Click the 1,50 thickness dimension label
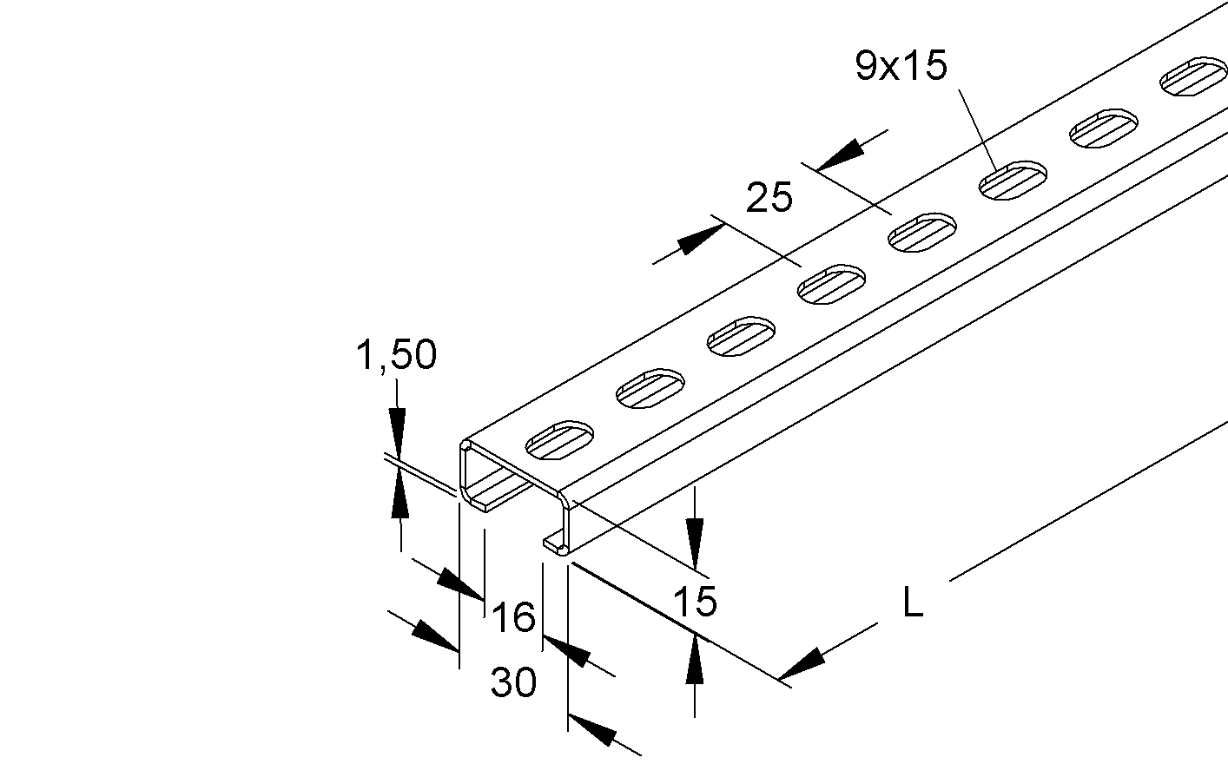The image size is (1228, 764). (x=396, y=354)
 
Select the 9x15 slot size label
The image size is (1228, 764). (x=901, y=65)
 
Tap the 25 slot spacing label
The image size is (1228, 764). (x=769, y=197)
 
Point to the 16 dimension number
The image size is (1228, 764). (x=513, y=616)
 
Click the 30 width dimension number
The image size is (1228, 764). (x=513, y=682)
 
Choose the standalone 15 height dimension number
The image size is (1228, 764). (x=695, y=602)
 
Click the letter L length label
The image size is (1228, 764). (x=913, y=603)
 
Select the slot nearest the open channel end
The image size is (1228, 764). (x=559, y=440)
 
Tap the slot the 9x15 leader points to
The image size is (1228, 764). (x=1013, y=181)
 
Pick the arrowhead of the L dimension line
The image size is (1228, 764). (x=801, y=664)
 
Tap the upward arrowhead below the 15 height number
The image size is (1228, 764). (x=695, y=658)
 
